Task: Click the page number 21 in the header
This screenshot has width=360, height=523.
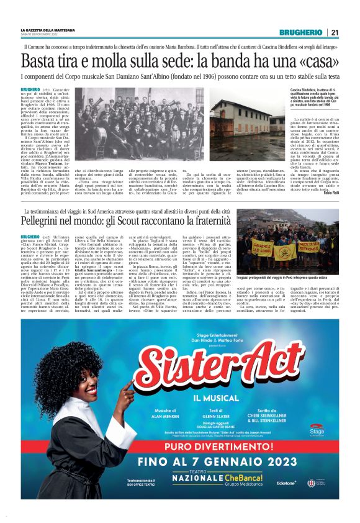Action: (334, 32)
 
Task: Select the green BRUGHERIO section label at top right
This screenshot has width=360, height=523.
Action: (300, 32)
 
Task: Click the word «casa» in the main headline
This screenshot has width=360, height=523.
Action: (316, 61)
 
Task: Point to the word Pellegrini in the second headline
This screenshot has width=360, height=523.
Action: (46, 203)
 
